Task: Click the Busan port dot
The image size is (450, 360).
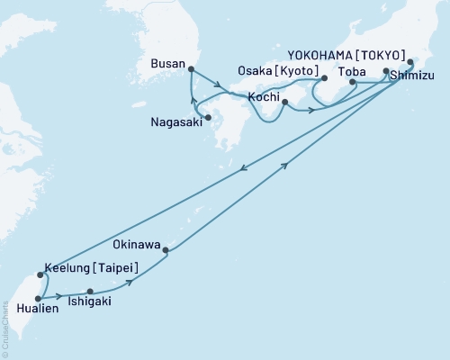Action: click(192, 68)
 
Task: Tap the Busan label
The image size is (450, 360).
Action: click(168, 65)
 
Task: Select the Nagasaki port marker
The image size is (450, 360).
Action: click(209, 117)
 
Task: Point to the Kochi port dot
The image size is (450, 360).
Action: click(284, 103)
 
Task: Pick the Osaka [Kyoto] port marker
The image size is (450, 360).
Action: click(324, 78)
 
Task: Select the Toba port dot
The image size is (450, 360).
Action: click(352, 83)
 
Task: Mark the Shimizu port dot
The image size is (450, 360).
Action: click(386, 71)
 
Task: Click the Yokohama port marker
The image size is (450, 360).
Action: click(409, 62)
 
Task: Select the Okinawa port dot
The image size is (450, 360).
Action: click(166, 250)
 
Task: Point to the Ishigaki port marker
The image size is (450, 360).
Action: click(89, 291)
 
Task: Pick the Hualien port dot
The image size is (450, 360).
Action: click(37, 296)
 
